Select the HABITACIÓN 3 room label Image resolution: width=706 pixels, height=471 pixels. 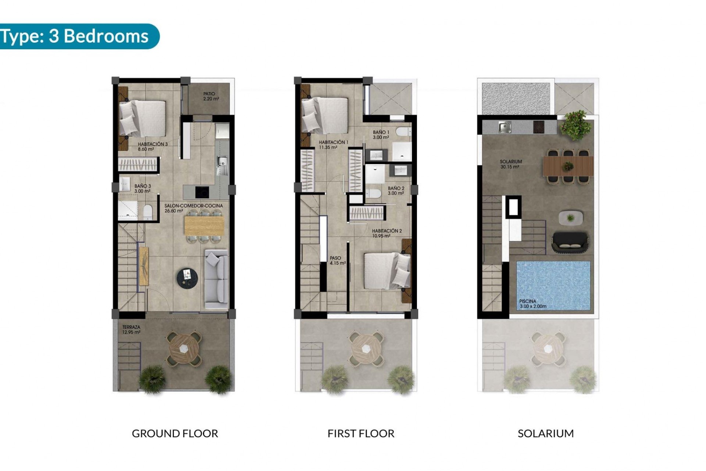click(152, 146)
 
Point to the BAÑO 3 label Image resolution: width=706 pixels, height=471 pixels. click(142, 188)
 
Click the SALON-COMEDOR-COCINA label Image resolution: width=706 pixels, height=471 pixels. click(193, 208)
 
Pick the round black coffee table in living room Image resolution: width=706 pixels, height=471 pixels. click(187, 276)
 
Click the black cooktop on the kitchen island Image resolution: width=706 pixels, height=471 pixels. click(202, 192)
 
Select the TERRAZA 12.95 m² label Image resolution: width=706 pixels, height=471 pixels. click(131, 329)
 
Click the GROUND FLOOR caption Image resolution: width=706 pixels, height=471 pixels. click(175, 433)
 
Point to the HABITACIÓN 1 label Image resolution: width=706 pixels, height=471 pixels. click(333, 145)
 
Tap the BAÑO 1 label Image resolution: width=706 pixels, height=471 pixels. click(381, 135)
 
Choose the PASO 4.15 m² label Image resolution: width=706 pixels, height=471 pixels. click(338, 261)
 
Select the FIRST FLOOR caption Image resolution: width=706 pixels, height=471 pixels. click(361, 433)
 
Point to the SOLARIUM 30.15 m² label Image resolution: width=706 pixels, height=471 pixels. click(510, 164)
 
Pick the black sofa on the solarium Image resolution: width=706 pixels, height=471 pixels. click(570, 242)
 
